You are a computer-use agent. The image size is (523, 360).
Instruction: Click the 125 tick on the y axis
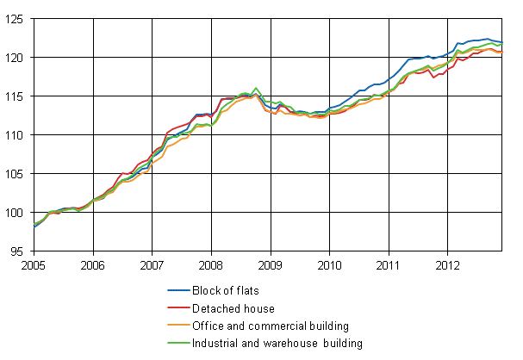16,18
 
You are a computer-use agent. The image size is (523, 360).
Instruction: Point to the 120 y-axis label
16,57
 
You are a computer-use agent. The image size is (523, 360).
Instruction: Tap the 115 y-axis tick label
16,96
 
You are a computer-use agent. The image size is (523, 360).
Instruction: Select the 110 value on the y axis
16,135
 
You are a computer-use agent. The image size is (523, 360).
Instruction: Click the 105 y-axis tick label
16,174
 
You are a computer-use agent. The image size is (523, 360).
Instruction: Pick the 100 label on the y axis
16,213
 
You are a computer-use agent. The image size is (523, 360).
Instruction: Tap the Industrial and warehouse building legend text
290,344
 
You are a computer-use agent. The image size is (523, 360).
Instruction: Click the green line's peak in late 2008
256,88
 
